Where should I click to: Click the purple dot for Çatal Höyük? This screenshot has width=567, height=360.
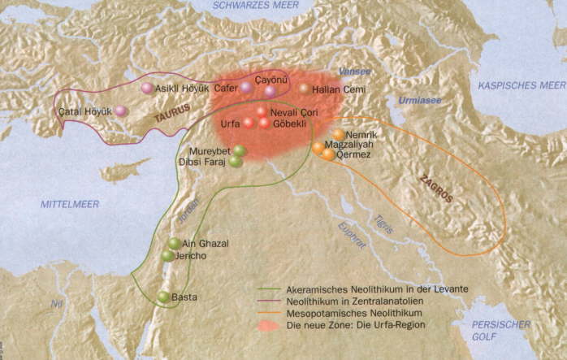tap(120, 111)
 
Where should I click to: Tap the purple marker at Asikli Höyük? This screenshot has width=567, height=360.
tap(146, 88)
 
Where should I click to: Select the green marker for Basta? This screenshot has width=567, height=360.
tap(163, 297)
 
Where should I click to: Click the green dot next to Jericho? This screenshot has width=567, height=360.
tap(167, 256)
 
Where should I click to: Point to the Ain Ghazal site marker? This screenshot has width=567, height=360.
tap(174, 243)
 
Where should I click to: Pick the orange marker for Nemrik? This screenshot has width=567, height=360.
tap(338, 134)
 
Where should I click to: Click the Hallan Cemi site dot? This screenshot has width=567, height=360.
tap(304, 89)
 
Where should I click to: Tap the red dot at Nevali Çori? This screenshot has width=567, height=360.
tap(261, 111)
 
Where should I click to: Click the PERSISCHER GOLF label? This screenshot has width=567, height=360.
tap(500, 329)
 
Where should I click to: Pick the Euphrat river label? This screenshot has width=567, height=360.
tap(353, 233)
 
